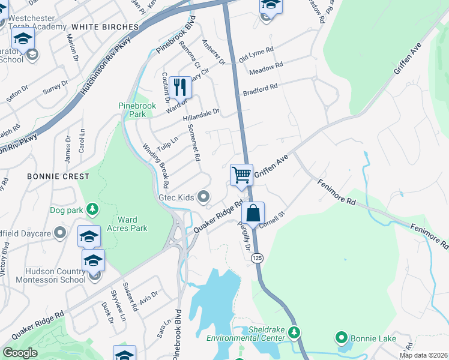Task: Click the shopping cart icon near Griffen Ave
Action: [x=241, y=175]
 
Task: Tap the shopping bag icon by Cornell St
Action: [x=253, y=212]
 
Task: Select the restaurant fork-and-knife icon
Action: [x=180, y=87]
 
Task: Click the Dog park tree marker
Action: [x=92, y=209]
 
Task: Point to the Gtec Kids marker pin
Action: [x=204, y=197]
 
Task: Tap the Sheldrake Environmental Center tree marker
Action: [x=294, y=332]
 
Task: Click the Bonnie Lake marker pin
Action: [x=342, y=338]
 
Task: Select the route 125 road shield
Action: [x=256, y=257]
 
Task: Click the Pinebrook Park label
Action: [x=136, y=110]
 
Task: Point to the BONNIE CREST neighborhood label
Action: [x=58, y=176]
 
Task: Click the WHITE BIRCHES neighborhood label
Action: [x=104, y=27]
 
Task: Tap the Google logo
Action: [x=20, y=352]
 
